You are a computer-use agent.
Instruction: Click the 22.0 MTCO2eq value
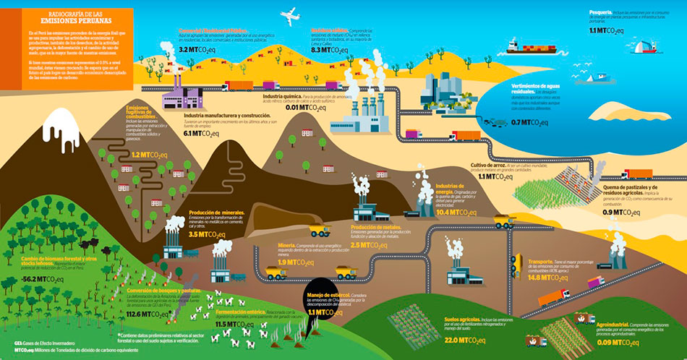464,340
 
